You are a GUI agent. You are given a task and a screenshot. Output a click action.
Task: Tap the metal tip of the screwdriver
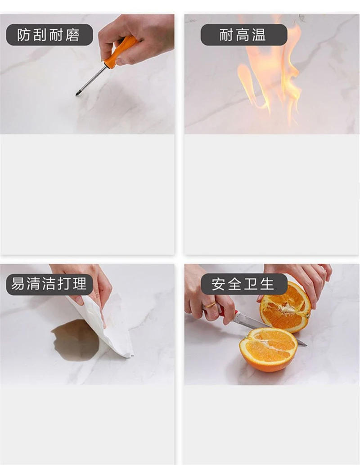[x=77, y=94]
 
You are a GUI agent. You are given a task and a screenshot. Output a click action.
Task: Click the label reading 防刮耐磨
[x=49, y=35]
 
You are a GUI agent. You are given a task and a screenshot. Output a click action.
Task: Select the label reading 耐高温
[x=243, y=35]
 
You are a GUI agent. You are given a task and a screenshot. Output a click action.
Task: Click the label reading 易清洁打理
[x=49, y=284]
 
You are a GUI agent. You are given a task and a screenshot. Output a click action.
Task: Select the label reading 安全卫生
[x=243, y=284]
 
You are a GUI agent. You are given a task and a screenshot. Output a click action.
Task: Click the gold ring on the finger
[x=210, y=305]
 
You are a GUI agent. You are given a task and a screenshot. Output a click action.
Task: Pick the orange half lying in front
[x=268, y=349]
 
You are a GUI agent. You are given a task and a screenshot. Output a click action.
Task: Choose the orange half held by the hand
[x=286, y=307]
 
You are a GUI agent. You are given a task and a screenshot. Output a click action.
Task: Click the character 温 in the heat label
[x=259, y=35]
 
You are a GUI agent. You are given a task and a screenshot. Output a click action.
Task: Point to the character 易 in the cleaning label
[x=18, y=284]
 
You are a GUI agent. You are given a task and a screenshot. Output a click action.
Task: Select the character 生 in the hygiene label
[x=267, y=284]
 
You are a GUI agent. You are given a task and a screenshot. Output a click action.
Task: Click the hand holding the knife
[x=207, y=299]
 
